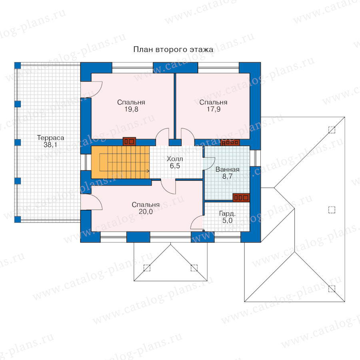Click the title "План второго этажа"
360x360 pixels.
pyautogui.click(x=173, y=50)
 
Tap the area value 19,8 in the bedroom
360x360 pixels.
pyautogui.click(x=131, y=109)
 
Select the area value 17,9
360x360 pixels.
pyautogui.click(x=214, y=109)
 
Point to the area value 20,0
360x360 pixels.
pyautogui.click(x=146, y=212)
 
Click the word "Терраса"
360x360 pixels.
pyautogui.click(x=50, y=138)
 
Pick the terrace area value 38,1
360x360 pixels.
pyautogui.click(x=50, y=145)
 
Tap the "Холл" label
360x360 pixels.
pyautogui.click(x=175, y=159)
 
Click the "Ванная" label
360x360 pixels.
pyautogui.click(x=227, y=170)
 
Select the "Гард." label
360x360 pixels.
pyautogui.click(x=227, y=214)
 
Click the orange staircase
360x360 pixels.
pyautogui.click(x=120, y=162)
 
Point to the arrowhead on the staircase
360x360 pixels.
pyautogui.click(x=148, y=171)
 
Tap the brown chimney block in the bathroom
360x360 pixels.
pyautogui.click(x=241, y=198)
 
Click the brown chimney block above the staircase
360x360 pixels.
pyautogui.click(x=130, y=142)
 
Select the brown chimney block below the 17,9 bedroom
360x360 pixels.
pyautogui.click(x=230, y=142)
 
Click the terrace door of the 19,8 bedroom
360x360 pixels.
pyautogui.click(x=91, y=90)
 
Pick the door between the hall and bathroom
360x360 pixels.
pyautogui.click(x=209, y=164)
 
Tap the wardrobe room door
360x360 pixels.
pyautogui.click(x=197, y=222)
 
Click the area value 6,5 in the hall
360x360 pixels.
pyautogui.click(x=175, y=166)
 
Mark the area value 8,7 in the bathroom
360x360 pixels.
pyautogui.click(x=227, y=176)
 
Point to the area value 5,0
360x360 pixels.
pyautogui.click(x=227, y=221)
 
